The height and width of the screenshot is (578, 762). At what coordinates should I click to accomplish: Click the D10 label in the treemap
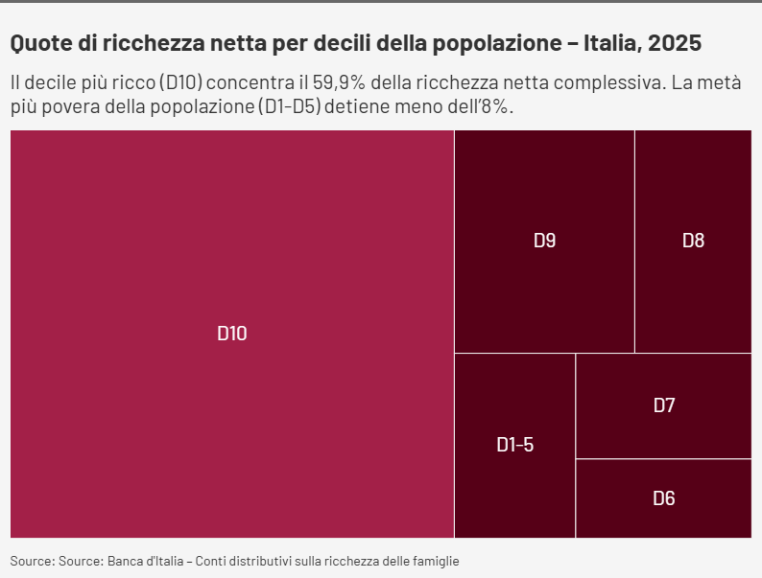pyautogui.click(x=232, y=334)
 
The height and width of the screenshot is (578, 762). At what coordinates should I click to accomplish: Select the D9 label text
pyautogui.click(x=544, y=241)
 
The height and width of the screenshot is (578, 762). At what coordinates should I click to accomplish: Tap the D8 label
pyautogui.click(x=693, y=241)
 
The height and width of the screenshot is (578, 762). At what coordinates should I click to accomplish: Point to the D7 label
pyautogui.click(x=664, y=405)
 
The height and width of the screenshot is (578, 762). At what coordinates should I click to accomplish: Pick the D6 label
pyautogui.click(x=664, y=498)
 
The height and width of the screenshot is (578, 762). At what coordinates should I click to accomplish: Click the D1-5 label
pyautogui.click(x=514, y=445)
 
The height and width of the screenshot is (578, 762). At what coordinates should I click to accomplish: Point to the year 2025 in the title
pyautogui.click(x=675, y=43)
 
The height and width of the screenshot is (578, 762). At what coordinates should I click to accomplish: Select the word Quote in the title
pyautogui.click(x=37, y=43)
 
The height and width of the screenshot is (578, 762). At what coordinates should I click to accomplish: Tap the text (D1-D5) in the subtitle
pyautogui.click(x=288, y=105)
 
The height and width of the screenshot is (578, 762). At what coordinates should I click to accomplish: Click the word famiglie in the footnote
pyautogui.click(x=434, y=560)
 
